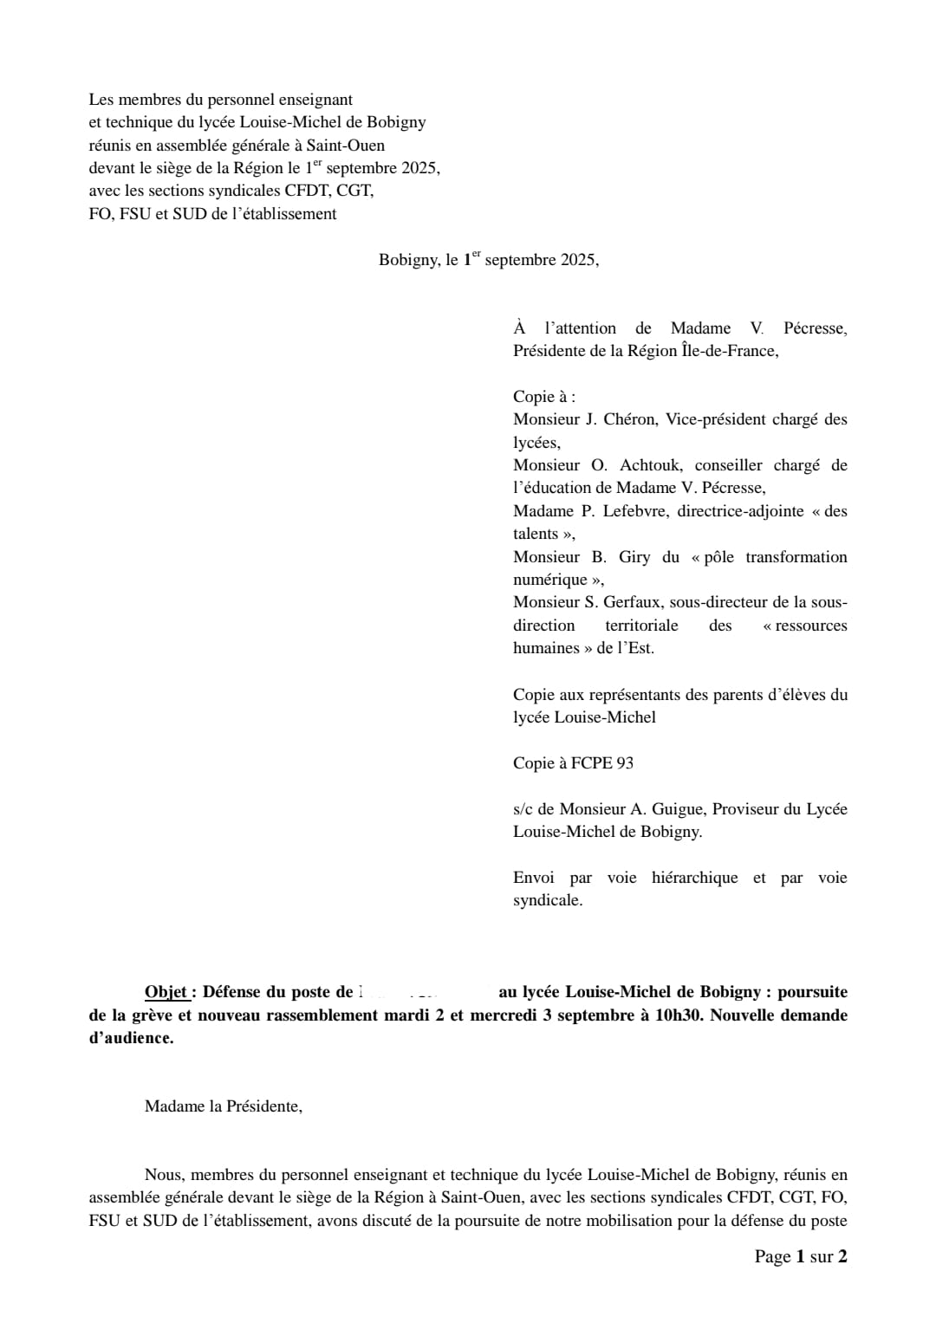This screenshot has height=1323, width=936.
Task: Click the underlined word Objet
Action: click(x=166, y=992)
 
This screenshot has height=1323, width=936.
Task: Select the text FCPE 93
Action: click(x=602, y=763)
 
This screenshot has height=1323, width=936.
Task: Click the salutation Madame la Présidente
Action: click(x=223, y=1106)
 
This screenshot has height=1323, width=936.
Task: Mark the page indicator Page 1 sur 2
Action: click(x=800, y=1256)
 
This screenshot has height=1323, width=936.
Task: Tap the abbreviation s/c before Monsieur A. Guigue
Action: click(x=523, y=809)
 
